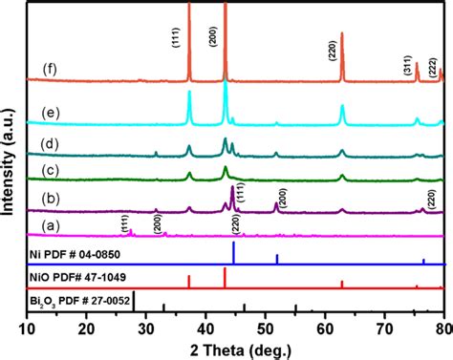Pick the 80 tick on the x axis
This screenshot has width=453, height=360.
[x=442, y=328]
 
